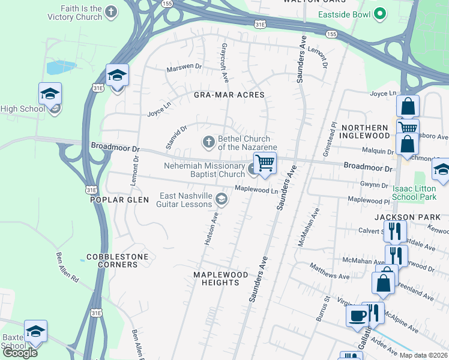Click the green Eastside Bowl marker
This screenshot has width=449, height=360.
[379, 13]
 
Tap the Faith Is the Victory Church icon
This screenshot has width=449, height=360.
[110, 11]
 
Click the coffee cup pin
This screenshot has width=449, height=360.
[357, 316]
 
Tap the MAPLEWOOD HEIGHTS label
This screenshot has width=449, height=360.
[220, 278]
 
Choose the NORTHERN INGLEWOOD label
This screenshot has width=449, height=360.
[364, 132]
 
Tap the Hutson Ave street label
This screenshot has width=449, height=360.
[210, 231]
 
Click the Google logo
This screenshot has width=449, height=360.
[20, 353]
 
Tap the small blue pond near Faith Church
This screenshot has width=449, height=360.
[61, 67]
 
